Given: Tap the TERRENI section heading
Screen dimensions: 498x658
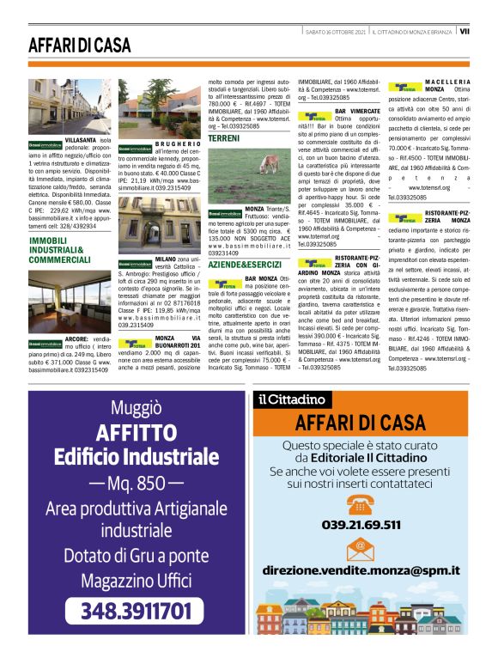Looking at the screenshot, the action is [x=223, y=138].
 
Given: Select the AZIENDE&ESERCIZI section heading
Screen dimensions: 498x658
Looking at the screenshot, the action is [x=245, y=265].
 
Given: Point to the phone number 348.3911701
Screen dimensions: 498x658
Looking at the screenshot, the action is [x=136, y=612].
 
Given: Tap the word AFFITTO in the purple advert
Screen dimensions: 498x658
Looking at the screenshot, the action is [x=136, y=431].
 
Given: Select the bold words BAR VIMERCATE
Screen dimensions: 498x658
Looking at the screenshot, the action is [x=357, y=112].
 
